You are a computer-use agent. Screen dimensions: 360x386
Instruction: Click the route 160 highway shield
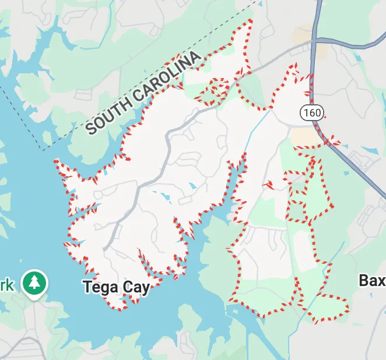tap(312, 112)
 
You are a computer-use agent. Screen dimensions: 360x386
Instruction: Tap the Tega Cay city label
tap(116, 287)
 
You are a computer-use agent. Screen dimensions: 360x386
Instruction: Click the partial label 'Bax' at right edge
tap(372, 281)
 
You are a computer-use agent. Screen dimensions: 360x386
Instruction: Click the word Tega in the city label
tap(100, 287)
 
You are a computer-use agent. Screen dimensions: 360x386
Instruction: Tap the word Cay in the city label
tap(134, 288)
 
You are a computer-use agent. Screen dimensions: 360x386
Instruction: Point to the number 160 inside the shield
tap(312, 112)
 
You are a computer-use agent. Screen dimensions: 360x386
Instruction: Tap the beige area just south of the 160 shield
tap(304, 137)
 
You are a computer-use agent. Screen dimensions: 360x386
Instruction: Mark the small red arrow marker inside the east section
tap(269, 185)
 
